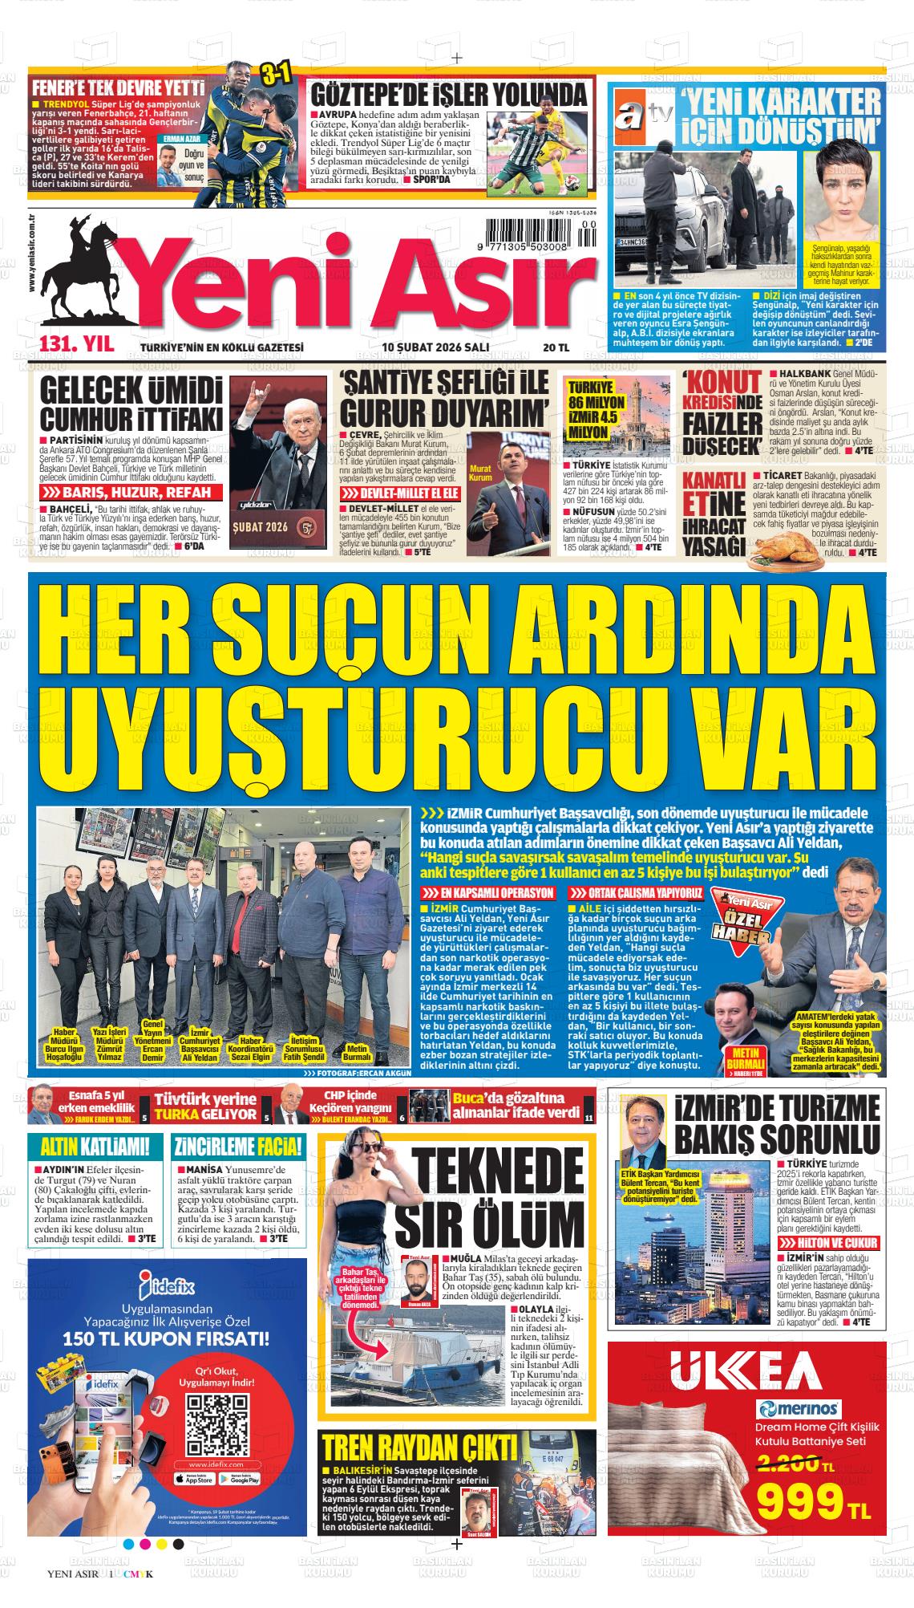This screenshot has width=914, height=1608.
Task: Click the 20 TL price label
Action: [x=555, y=347]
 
